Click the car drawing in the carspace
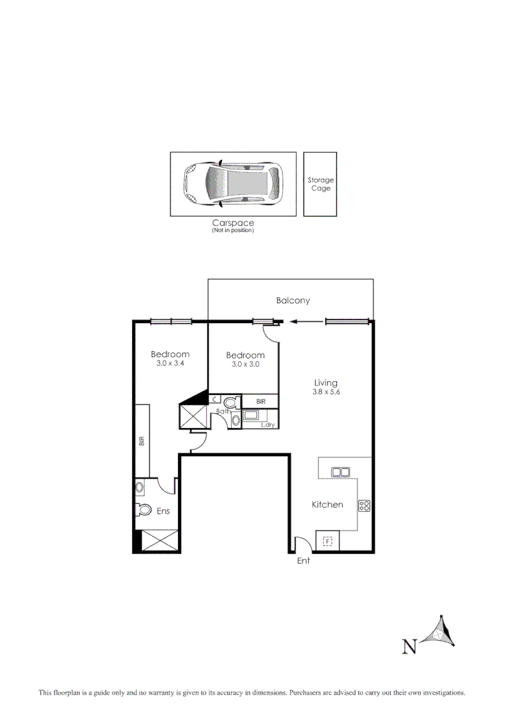tap(233, 183)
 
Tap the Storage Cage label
tap(320, 184)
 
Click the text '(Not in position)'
tap(233, 231)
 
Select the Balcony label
tap(293, 300)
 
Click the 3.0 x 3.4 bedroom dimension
tap(169, 364)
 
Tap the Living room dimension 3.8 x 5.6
tap(326, 392)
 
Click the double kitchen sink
tap(341, 472)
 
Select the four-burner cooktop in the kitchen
tap(364, 505)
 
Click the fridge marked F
tap(327, 542)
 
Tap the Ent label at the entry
tap(303, 560)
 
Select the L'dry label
tap(268, 424)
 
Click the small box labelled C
tap(215, 399)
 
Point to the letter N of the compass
tap(410, 645)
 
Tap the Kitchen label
tap(328, 505)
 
